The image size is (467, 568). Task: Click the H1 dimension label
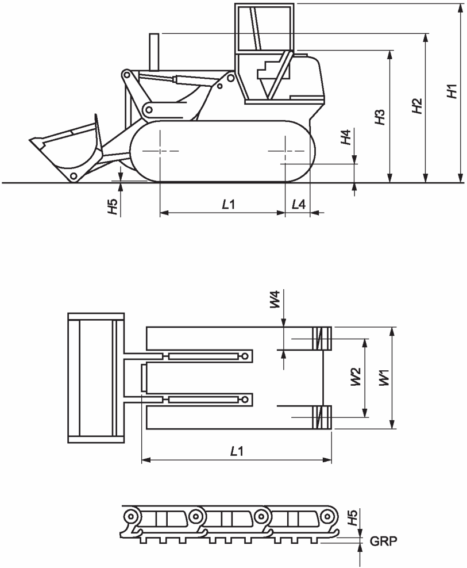point(453,91)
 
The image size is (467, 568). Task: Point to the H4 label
point(346,137)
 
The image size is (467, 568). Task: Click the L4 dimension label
point(299,205)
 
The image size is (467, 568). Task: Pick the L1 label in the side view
point(229,205)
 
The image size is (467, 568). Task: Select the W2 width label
point(356,377)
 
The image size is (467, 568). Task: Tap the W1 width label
point(384,377)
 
